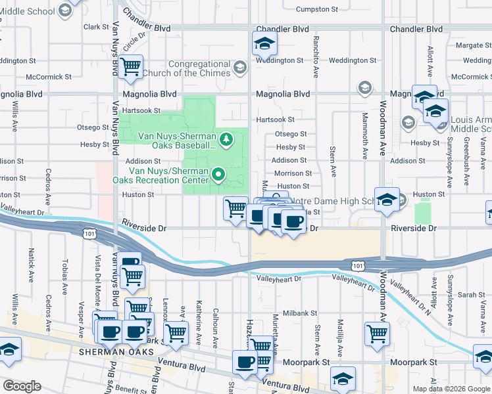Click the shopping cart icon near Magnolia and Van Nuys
point(131,66)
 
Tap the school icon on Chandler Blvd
point(264,44)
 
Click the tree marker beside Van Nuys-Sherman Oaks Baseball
point(226,139)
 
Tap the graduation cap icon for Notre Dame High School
point(387,200)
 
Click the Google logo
point(22,385)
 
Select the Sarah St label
point(471,295)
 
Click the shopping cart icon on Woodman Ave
point(377,333)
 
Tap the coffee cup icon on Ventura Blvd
point(245,362)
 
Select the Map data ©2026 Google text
point(451,389)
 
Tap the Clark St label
point(96,27)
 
